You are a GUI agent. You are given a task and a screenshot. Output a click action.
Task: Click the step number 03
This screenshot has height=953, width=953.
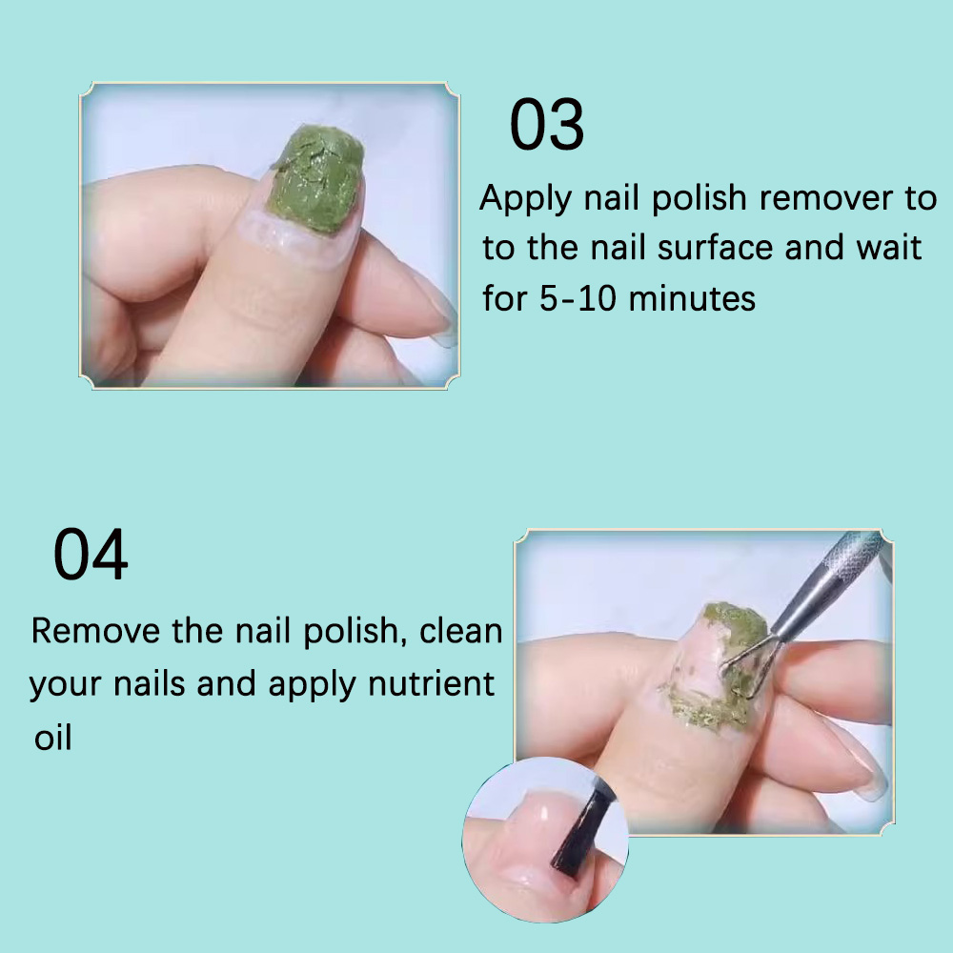[547, 125]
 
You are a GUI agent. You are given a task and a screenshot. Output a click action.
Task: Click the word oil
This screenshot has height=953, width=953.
[52, 738]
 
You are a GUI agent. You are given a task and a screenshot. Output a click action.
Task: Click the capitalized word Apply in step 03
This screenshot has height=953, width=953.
[527, 199]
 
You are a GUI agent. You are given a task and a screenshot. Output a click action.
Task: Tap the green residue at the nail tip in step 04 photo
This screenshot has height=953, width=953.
[733, 620]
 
